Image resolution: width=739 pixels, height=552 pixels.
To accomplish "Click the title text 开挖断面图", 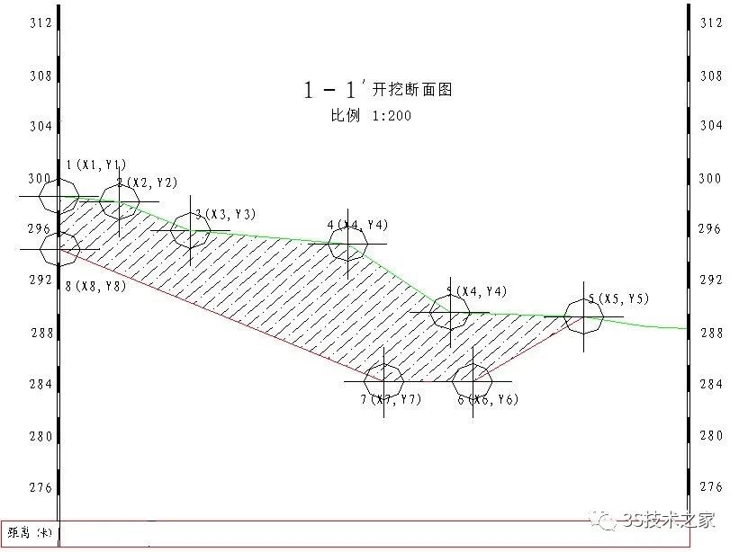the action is (x=411, y=89).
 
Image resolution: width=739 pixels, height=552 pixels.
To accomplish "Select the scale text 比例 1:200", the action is (x=371, y=116).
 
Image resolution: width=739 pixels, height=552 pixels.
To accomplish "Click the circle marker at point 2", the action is (x=120, y=200).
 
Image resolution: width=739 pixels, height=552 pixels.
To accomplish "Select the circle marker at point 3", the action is (x=191, y=230).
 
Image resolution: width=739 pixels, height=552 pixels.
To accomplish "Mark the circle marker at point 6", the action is (x=472, y=380).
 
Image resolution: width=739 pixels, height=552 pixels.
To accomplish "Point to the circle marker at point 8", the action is (x=59, y=248).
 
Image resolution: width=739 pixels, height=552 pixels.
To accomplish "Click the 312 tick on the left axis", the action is (x=40, y=22).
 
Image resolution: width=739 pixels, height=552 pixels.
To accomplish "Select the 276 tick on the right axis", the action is (x=711, y=486).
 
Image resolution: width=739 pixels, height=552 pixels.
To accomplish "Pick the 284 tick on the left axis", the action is (x=40, y=384).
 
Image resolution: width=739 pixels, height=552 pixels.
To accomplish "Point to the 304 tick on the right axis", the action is (x=711, y=126).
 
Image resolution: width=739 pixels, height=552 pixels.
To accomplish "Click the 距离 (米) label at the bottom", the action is (x=29, y=533).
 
